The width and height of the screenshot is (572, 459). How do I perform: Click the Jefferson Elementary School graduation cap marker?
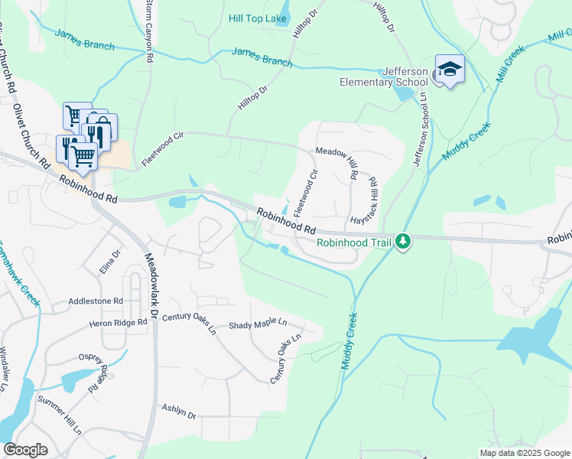pos(450,69)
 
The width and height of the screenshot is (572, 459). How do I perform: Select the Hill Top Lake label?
pos(258,18)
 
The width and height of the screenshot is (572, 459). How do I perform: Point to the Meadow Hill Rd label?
pos(337,152)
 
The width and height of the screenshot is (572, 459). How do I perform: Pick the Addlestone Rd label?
pos(96,301)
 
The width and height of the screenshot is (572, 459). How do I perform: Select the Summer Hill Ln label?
pos(60,414)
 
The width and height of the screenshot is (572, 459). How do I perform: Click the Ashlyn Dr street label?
pos(179,410)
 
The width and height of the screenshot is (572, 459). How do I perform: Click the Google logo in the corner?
pos(25,450)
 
